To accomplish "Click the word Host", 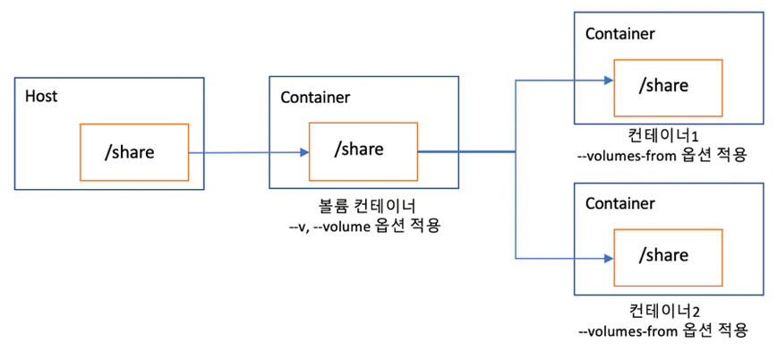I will tap(40, 96).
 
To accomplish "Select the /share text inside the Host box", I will tap(130, 151).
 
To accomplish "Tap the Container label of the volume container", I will tap(315, 98).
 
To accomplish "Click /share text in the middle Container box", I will tap(359, 149).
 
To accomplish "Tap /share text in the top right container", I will tap(663, 85).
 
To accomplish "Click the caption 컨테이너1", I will tap(663, 136).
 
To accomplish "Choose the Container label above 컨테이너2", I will tap(619, 203).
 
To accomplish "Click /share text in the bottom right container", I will tap(663, 254).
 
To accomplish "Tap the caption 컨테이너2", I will tap(663, 311).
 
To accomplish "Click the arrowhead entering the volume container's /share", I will tap(303, 152).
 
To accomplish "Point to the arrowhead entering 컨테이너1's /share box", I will tap(608, 81).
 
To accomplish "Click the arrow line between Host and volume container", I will tap(242, 152).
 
